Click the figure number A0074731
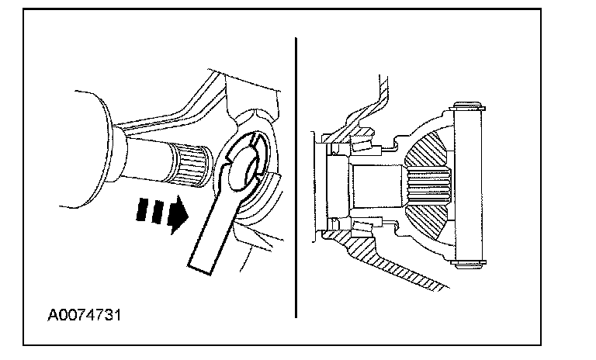(85, 317)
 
